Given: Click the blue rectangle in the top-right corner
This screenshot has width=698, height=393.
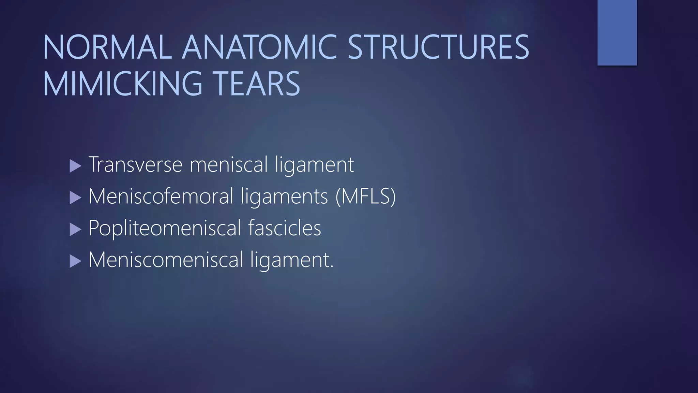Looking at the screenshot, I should click(617, 32).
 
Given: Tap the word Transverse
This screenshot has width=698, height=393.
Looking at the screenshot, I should click(136, 164).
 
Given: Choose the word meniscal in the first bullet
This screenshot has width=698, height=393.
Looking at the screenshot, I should click(229, 164).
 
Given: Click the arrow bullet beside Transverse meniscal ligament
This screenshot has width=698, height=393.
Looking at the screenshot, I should click(75, 166).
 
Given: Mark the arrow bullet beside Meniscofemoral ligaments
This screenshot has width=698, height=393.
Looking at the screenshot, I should click(75, 198).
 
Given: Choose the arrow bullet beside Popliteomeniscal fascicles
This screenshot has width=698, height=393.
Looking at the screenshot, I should click(75, 230).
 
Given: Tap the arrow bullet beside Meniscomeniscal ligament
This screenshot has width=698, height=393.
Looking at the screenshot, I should click(75, 261).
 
